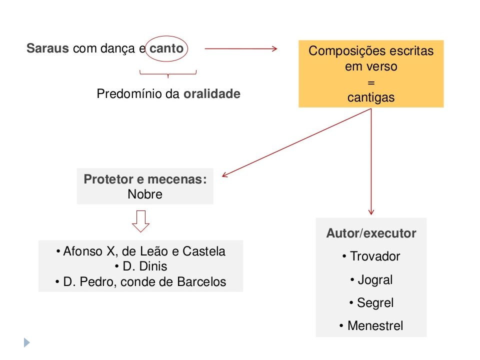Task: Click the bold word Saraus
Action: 47,48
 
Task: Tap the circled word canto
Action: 166,48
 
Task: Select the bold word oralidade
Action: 212,93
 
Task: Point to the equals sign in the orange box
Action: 371,82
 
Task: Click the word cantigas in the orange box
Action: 371,97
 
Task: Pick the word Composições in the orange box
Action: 343,51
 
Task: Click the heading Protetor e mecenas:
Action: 145,179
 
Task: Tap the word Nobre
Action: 145,194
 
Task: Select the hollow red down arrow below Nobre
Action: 141,221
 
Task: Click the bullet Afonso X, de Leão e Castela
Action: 141,251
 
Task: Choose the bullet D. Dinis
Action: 141,266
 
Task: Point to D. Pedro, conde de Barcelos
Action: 141,281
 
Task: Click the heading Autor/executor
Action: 371,233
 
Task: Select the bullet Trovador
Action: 371,256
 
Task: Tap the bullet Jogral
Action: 371,280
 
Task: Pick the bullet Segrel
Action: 371,303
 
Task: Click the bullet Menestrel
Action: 371,325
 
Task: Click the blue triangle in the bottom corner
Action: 26,342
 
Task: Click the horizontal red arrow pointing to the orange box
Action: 241,48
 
